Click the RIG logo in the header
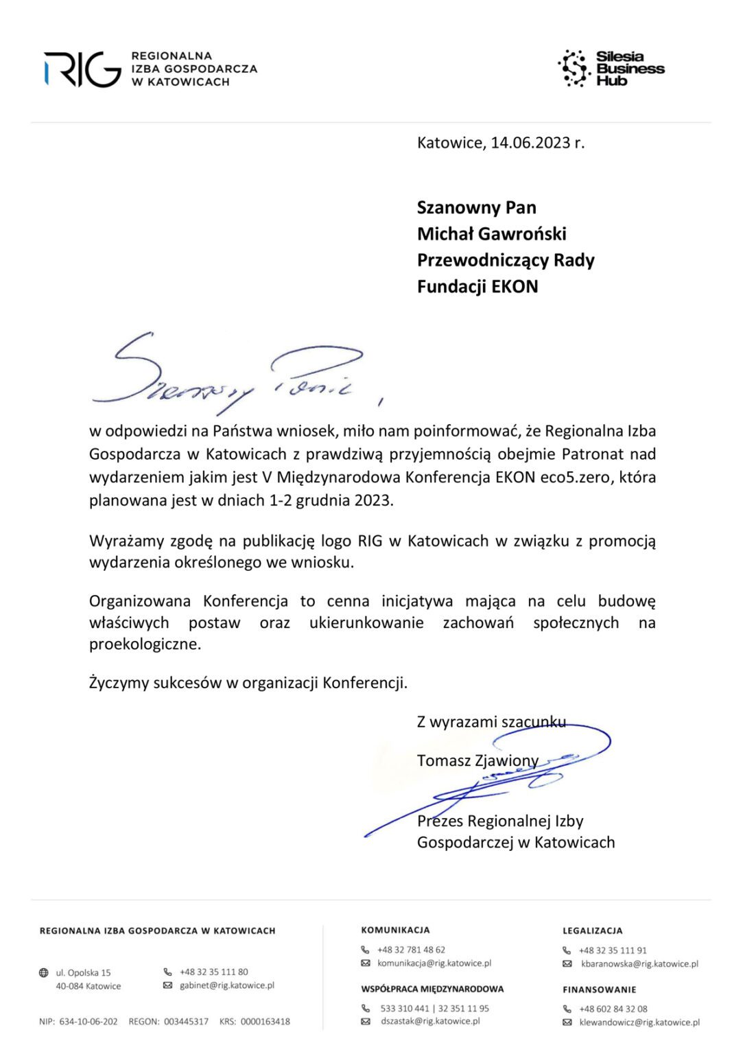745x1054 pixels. (82, 69)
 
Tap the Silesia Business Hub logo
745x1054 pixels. (611, 69)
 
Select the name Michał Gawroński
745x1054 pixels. (491, 234)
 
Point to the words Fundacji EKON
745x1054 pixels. (477, 287)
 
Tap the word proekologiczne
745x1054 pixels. (145, 644)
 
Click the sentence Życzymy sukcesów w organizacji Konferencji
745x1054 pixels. (248, 683)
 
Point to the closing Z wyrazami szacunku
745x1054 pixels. (491, 722)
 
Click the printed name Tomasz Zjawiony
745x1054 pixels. (477, 760)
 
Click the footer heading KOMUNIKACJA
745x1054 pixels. (396, 930)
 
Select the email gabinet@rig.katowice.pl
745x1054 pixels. (227, 985)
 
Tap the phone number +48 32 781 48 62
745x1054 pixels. (411, 950)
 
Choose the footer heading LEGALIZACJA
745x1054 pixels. (593, 930)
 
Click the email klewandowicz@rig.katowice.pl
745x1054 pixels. (639, 1022)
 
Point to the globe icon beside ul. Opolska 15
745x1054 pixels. (44, 972)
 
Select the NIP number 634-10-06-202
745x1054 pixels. (88, 1022)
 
